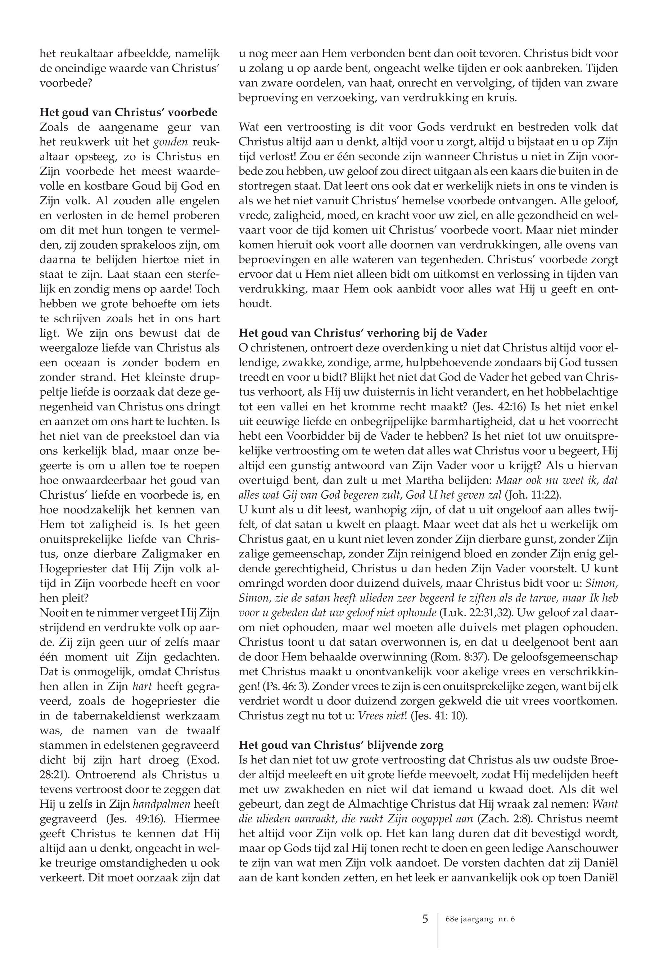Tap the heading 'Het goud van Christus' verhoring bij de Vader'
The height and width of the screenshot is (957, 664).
click(363, 333)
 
